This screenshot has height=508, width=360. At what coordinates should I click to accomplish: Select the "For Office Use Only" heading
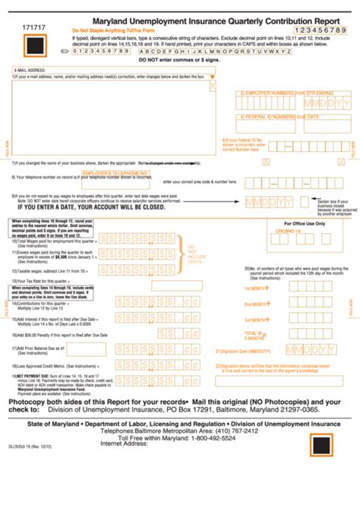coord(306,224)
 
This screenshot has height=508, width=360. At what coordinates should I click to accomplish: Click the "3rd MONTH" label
coord(254,320)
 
